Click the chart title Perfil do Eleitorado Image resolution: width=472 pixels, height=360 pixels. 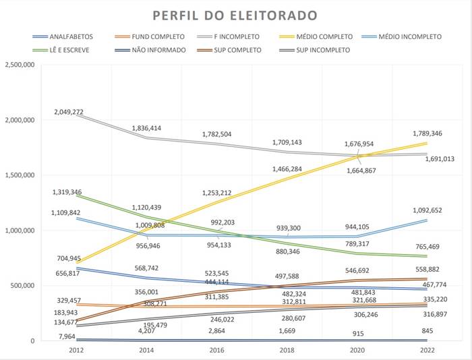pos(235,15)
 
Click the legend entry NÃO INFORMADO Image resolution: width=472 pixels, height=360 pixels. pos(158,50)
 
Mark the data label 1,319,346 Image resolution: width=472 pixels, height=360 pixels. pos(67,192)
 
